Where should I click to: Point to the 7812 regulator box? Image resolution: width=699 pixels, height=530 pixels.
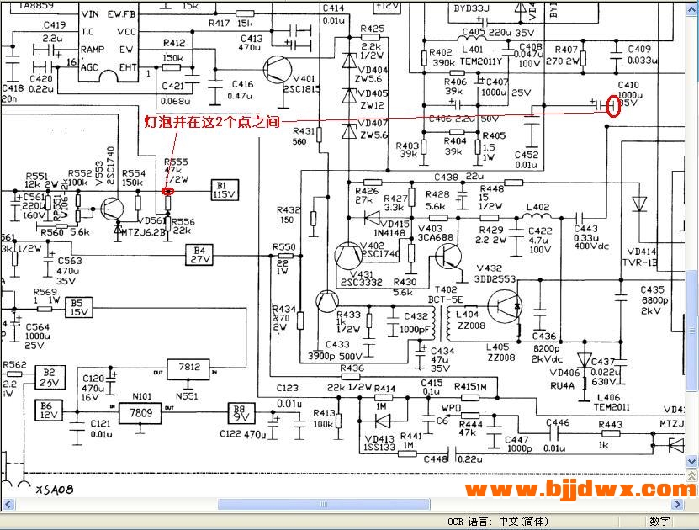(191, 368)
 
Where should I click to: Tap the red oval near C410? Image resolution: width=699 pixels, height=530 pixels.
(613, 106)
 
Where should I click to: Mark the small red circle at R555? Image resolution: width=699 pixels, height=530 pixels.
(167, 191)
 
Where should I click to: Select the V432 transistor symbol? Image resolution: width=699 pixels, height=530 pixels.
(505, 304)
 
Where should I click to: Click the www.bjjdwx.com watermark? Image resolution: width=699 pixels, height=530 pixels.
(580, 488)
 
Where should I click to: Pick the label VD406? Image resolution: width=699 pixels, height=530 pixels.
(565, 374)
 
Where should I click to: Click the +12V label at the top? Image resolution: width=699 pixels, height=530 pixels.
(387, 5)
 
